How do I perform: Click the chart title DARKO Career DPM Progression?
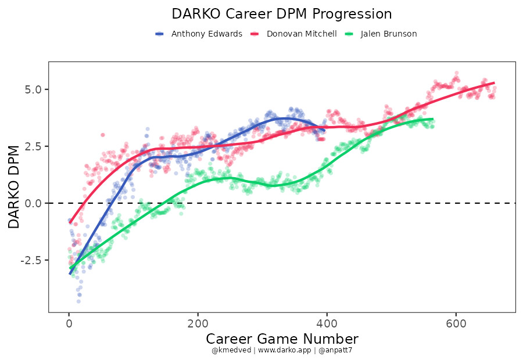click(282, 14)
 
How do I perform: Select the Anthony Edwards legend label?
click(206, 34)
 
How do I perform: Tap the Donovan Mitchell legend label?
click(302, 34)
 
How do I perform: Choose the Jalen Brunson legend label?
click(389, 34)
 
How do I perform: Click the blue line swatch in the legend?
click(160, 34)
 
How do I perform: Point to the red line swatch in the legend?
click(255, 34)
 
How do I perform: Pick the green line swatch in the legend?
click(349, 34)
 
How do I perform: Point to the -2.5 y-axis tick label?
click(31, 260)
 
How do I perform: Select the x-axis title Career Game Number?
click(282, 339)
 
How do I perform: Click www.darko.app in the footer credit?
click(282, 351)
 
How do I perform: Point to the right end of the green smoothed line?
click(432, 119)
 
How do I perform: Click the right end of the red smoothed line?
click(494, 82)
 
